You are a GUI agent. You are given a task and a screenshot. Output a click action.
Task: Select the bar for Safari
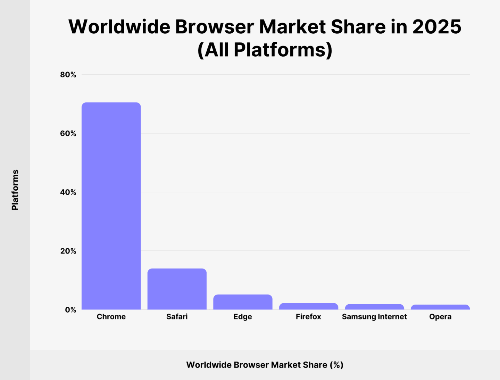pos(177,289)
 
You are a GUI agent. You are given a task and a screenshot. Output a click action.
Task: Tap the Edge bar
pos(243,302)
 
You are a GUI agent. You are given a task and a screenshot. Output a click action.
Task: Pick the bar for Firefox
pos(308,306)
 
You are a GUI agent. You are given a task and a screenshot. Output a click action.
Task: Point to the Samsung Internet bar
pos(374,307)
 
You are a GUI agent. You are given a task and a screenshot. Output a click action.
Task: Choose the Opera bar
pos(440,307)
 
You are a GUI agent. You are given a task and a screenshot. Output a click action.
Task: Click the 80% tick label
pos(68,75)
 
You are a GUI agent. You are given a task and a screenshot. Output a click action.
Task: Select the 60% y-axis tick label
pos(68,133)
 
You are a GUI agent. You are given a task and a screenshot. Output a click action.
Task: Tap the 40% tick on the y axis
pos(68,192)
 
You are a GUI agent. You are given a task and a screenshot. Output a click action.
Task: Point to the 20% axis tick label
pos(68,251)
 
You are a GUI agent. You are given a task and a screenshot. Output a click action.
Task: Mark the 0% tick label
pos(70,309)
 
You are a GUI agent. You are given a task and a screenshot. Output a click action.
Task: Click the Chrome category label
pos(111,316)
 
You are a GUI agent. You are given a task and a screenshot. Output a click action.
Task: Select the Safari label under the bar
pos(177,316)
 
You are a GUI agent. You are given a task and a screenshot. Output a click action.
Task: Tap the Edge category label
pos(243,316)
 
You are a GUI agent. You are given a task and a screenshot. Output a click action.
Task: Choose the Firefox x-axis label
pos(308,316)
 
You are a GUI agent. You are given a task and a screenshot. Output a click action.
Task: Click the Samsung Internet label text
pos(374,316)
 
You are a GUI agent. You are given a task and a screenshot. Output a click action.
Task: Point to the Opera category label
pos(440,316)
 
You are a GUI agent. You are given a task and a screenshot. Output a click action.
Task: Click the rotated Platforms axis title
pos(15,190)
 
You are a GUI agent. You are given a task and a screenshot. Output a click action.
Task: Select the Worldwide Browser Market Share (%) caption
pos(265,365)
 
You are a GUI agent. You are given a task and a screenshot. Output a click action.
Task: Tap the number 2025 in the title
pos(436,27)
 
